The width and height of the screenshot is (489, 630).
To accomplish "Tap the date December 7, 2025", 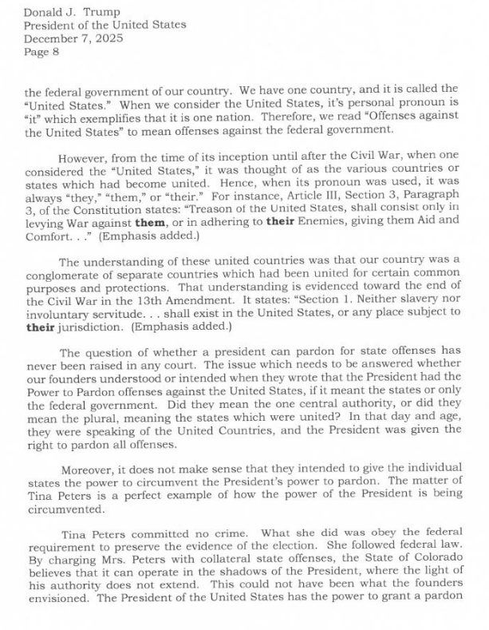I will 68,38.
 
